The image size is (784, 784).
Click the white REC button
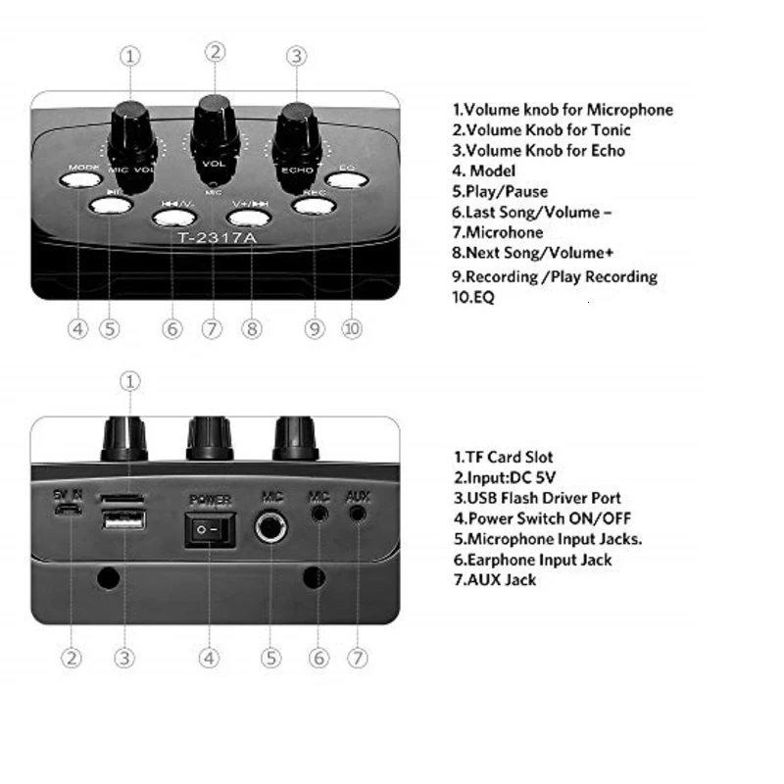(314, 205)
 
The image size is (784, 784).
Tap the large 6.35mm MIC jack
(271, 528)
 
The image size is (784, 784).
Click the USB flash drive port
(122, 520)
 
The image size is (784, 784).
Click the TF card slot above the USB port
(122, 500)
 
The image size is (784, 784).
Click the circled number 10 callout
(352, 329)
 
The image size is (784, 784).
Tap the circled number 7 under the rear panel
(359, 659)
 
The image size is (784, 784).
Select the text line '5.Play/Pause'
(500, 191)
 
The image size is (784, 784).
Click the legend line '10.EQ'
(473, 296)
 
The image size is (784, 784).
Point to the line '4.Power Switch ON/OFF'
(542, 518)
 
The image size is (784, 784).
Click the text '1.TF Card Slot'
(503, 457)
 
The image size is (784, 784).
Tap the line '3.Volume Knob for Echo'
(538, 150)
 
